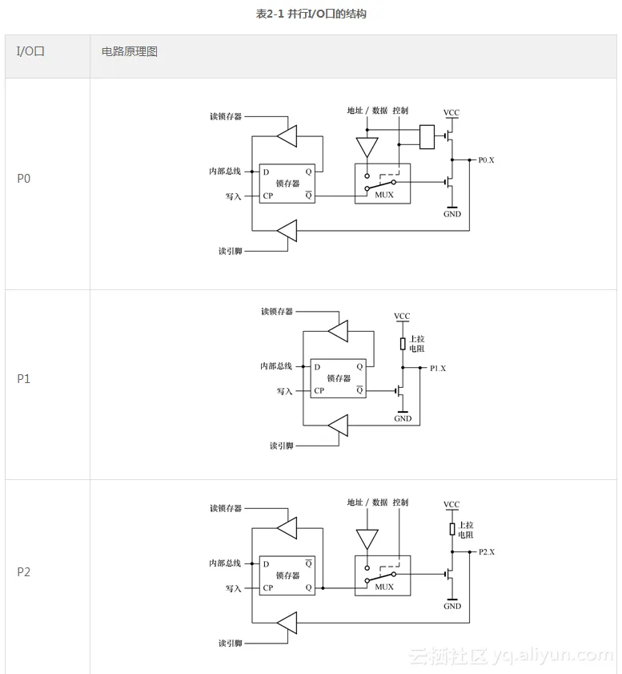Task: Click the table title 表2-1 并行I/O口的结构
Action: point(311,14)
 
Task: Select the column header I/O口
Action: point(30,51)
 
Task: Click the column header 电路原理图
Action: point(130,51)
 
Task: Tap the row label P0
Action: point(24,178)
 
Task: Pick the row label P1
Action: point(24,378)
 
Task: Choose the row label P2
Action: point(24,572)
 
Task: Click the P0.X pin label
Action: point(487,160)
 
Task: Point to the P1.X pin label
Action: point(438,369)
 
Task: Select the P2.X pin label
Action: point(487,552)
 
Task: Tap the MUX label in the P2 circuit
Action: point(384,587)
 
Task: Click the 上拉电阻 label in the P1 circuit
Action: point(417,344)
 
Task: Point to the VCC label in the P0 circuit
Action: point(451,112)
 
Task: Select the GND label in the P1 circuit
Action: point(403,418)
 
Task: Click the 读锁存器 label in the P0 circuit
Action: point(226,116)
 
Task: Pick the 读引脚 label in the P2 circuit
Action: point(231,643)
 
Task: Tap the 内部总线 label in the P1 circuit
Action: point(276,366)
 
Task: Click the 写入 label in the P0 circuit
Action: point(234,196)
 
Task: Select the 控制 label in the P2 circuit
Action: point(400,502)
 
